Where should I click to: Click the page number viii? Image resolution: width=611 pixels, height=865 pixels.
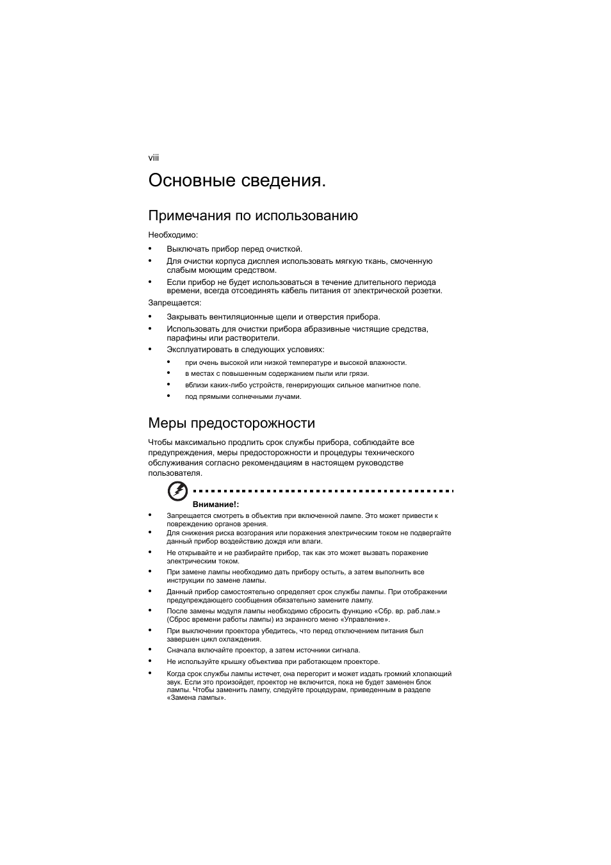point(154,158)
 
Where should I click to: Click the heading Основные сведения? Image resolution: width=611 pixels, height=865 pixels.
point(236,181)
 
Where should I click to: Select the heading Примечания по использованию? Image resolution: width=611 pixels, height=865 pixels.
point(253,216)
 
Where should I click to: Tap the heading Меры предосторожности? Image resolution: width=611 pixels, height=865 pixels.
point(231,423)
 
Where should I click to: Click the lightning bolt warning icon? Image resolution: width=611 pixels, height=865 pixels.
point(177,491)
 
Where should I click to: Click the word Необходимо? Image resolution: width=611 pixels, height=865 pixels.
point(173,235)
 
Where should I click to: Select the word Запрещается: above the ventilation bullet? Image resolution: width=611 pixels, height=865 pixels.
point(175,303)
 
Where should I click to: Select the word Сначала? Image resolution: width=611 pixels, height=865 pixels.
point(181,651)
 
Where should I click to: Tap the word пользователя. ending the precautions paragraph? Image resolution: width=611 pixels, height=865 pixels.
point(175,473)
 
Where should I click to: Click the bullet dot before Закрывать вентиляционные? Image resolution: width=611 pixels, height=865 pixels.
point(150,316)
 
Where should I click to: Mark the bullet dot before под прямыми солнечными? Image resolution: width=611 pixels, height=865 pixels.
point(169,396)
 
